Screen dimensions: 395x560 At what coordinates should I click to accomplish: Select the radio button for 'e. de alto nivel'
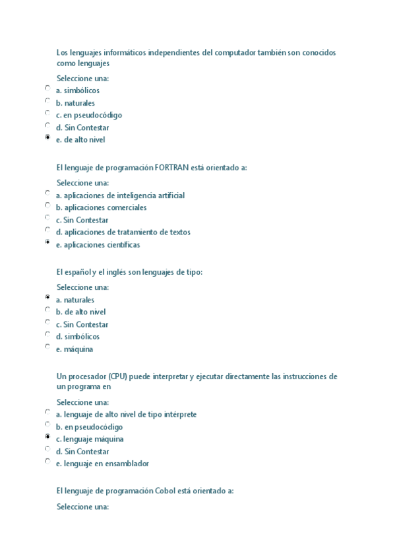coord(47,138)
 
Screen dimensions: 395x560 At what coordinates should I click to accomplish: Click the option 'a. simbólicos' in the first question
coord(78,90)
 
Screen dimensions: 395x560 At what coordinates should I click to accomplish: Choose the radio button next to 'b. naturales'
coord(47,101)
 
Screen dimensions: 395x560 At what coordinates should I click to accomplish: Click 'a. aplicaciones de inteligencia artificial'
coord(120,195)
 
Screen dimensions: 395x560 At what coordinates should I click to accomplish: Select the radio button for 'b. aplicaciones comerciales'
coord(47,205)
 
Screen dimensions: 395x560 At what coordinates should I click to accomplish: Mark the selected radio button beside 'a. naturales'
coord(47,298)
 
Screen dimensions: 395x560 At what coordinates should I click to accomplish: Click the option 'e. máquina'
coord(74,349)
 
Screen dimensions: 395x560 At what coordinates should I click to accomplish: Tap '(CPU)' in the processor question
coord(118,377)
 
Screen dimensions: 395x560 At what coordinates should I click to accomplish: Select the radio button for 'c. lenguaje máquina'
coord(47,437)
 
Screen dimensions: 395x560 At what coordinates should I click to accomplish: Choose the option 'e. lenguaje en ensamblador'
coord(102,464)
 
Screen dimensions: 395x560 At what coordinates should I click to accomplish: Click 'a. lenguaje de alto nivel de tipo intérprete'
coord(126,415)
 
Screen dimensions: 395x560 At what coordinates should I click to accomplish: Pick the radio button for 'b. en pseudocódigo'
coord(47,425)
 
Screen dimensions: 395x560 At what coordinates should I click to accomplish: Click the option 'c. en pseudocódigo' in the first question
coord(88,115)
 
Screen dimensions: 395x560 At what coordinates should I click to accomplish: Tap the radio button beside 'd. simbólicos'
coord(47,334)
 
